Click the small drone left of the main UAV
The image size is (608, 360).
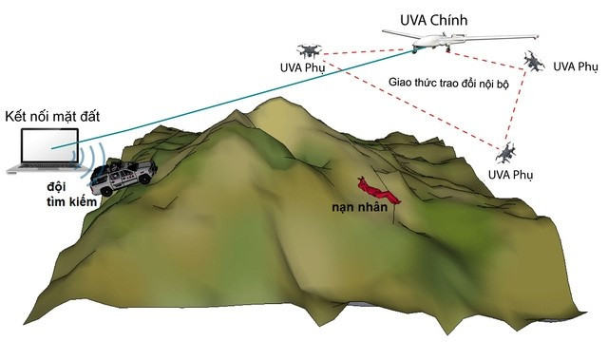click(310, 50)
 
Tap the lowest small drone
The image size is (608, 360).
click(507, 151)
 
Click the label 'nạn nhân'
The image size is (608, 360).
click(359, 207)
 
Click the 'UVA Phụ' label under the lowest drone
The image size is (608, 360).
click(510, 175)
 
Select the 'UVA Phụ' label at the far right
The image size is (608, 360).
click(576, 66)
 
